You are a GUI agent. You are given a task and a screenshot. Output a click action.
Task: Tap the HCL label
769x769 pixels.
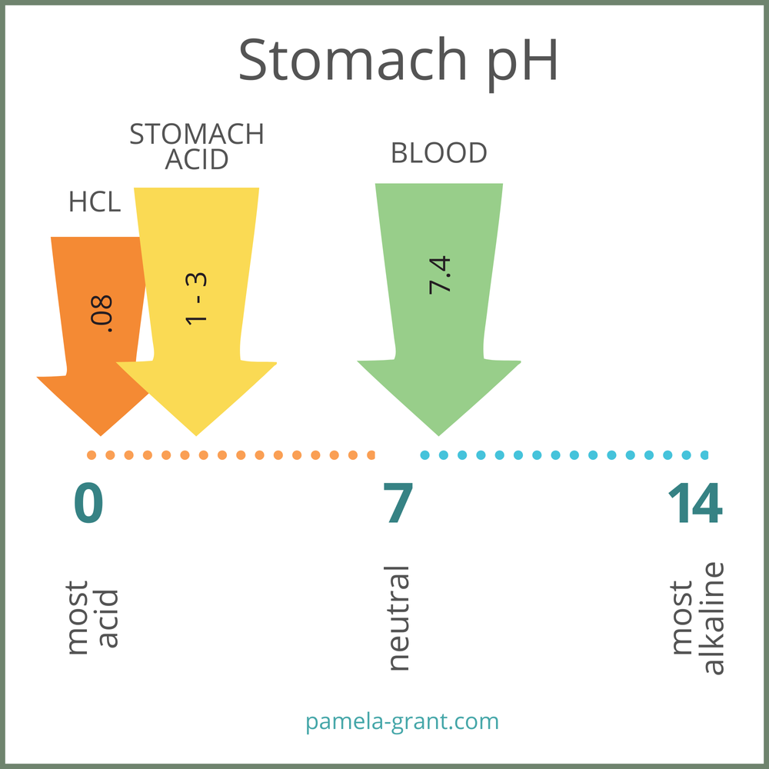95,201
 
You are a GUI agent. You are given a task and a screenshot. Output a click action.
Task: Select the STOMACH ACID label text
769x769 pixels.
197,146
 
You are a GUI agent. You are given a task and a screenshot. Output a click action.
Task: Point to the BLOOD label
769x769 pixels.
439,153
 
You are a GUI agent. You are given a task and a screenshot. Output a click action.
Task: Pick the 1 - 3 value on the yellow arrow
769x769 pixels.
196,298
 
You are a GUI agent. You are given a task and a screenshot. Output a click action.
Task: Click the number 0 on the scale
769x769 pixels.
88,504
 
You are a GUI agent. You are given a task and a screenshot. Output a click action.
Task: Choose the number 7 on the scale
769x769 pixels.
398,504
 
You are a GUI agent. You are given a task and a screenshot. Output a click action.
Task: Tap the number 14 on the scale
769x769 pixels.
694,504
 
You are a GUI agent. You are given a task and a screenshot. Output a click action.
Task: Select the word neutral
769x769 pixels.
398,618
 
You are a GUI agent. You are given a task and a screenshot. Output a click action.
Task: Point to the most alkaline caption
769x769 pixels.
698,618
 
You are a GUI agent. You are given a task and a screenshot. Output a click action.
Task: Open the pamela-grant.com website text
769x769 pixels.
402,721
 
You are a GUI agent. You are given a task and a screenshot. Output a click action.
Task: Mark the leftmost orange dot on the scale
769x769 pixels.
92,455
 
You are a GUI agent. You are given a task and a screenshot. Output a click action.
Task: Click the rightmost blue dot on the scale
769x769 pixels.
704,455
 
